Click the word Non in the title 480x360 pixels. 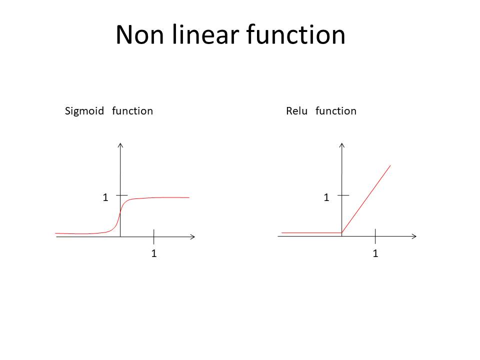pyautogui.click(x=139, y=35)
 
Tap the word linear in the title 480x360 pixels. pyautogui.click(x=205, y=34)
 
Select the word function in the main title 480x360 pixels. pyautogui.click(x=295, y=34)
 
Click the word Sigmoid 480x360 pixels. pyautogui.click(x=84, y=111)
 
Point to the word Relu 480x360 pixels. pyautogui.click(x=296, y=111)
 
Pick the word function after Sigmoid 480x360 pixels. pyautogui.click(x=132, y=111)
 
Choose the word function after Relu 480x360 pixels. pyautogui.click(x=336, y=111)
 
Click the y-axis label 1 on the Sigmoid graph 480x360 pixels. pyautogui.click(x=105, y=197)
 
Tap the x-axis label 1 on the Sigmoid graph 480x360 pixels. pyautogui.click(x=154, y=253)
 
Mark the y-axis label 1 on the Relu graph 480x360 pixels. pyautogui.click(x=326, y=197)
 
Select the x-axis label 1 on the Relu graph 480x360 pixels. pyautogui.click(x=375, y=253)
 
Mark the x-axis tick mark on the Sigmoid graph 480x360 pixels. pyautogui.click(x=153, y=236)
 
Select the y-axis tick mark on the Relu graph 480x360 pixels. pyautogui.click(x=343, y=195)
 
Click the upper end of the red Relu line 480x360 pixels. pyautogui.click(x=390, y=165)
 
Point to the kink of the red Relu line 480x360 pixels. pyautogui.click(x=341, y=232)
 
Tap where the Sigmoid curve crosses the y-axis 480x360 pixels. pyautogui.click(x=120, y=211)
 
